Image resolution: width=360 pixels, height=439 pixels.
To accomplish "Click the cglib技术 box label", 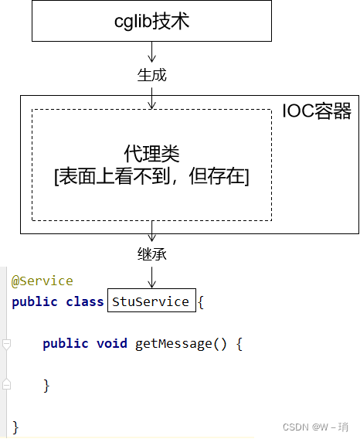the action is (151, 22).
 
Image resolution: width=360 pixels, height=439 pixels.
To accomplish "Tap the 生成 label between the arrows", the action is (151, 75).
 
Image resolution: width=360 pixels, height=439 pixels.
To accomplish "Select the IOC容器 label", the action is (317, 111).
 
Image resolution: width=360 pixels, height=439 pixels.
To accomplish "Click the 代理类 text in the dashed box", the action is (151, 154).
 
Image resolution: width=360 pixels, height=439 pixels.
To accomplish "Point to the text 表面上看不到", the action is (114, 176).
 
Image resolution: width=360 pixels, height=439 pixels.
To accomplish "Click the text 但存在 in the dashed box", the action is (216, 176).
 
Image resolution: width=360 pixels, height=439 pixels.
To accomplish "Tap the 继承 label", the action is (151, 254).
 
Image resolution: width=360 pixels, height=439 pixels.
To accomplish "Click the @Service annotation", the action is (42, 281).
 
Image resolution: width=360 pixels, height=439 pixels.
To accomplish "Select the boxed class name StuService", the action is (151, 301).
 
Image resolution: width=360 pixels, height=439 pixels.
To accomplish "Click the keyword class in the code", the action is (85, 301).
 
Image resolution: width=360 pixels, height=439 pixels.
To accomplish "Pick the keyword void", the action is (112, 343).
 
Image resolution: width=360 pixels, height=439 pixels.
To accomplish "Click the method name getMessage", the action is (174, 344).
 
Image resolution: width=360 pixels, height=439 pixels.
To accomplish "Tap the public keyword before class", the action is (35, 302).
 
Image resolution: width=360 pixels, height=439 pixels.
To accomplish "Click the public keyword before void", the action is (66, 344).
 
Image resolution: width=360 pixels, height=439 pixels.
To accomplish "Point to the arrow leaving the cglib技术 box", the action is (151, 52).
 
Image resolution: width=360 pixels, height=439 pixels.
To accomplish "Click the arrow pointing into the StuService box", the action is (151, 277).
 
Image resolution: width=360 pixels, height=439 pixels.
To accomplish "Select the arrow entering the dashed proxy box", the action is (151, 98).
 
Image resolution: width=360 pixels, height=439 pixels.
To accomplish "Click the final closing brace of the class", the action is (15, 427).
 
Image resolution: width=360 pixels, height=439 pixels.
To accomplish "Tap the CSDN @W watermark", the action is (315, 427).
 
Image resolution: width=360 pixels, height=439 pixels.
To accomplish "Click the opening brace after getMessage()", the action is (239, 344).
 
